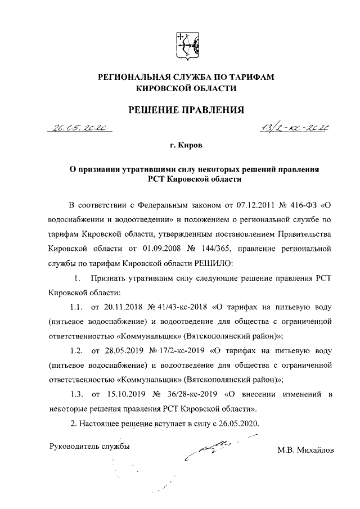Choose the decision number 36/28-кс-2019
(x=190, y=394)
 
